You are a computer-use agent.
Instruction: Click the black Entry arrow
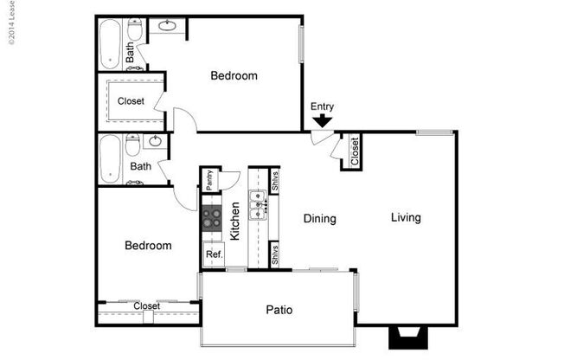(323, 122)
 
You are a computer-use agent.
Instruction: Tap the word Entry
(323, 106)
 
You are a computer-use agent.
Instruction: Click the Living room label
(405, 217)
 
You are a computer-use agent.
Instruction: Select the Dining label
(319, 219)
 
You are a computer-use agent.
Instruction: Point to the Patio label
(278, 309)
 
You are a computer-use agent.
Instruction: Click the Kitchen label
(234, 221)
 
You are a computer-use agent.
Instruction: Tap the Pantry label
(209, 179)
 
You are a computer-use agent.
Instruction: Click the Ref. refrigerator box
(213, 254)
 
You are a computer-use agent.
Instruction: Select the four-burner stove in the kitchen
(212, 216)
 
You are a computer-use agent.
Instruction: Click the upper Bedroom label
(234, 76)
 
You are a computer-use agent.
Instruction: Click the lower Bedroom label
(148, 246)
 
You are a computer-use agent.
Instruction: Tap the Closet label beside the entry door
(355, 152)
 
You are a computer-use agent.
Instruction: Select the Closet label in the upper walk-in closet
(131, 101)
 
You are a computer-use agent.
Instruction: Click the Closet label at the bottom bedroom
(146, 306)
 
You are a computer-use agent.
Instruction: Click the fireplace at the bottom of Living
(405, 337)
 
